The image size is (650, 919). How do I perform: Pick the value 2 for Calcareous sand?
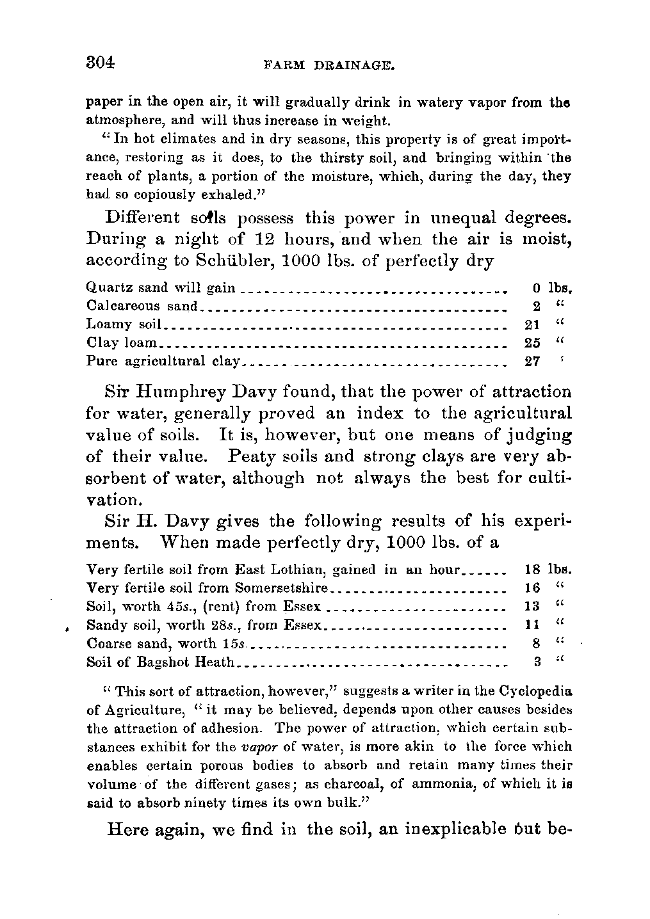coord(535,307)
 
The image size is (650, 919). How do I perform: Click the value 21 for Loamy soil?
coord(532,324)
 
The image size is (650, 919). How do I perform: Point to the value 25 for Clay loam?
coord(532,343)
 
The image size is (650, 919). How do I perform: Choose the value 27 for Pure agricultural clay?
coord(532,361)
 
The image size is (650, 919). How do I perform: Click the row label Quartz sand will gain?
coord(161,288)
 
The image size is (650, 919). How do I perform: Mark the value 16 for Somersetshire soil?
coord(532,587)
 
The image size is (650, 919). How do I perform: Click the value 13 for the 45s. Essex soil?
coord(532,606)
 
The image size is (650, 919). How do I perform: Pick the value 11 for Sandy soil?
coord(532,624)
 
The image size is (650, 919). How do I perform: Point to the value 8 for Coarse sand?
coord(535,643)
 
